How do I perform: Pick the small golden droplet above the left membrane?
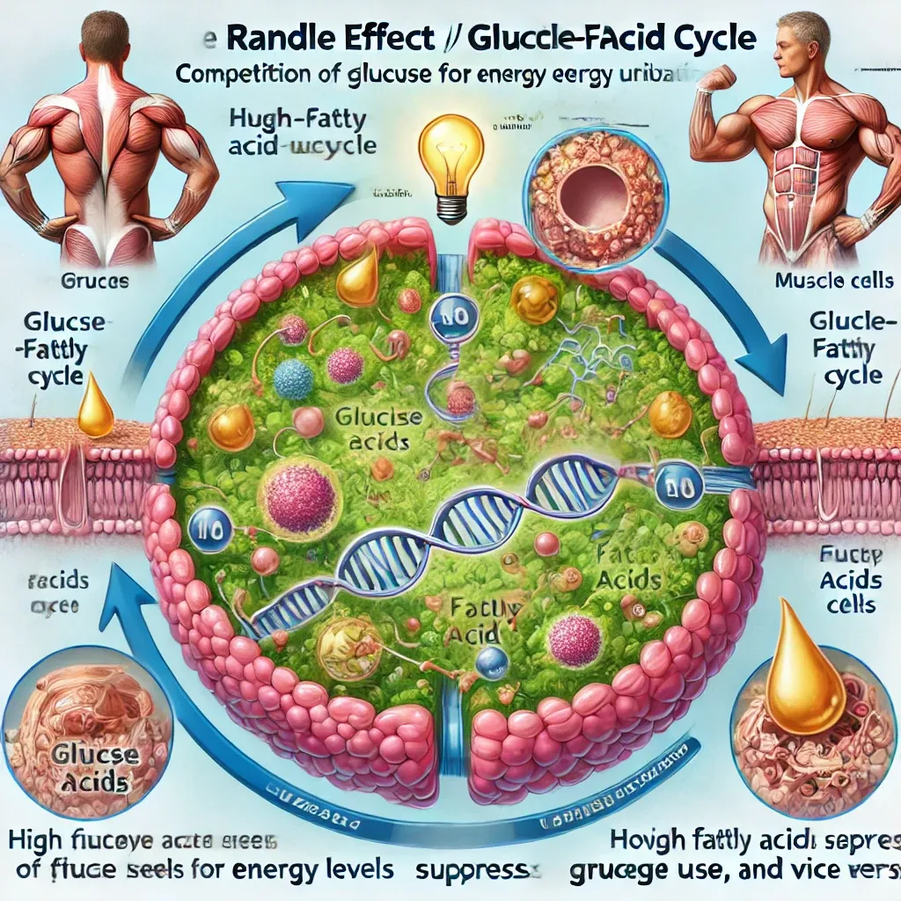pos(95,407)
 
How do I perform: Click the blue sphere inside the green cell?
pos(293,379)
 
